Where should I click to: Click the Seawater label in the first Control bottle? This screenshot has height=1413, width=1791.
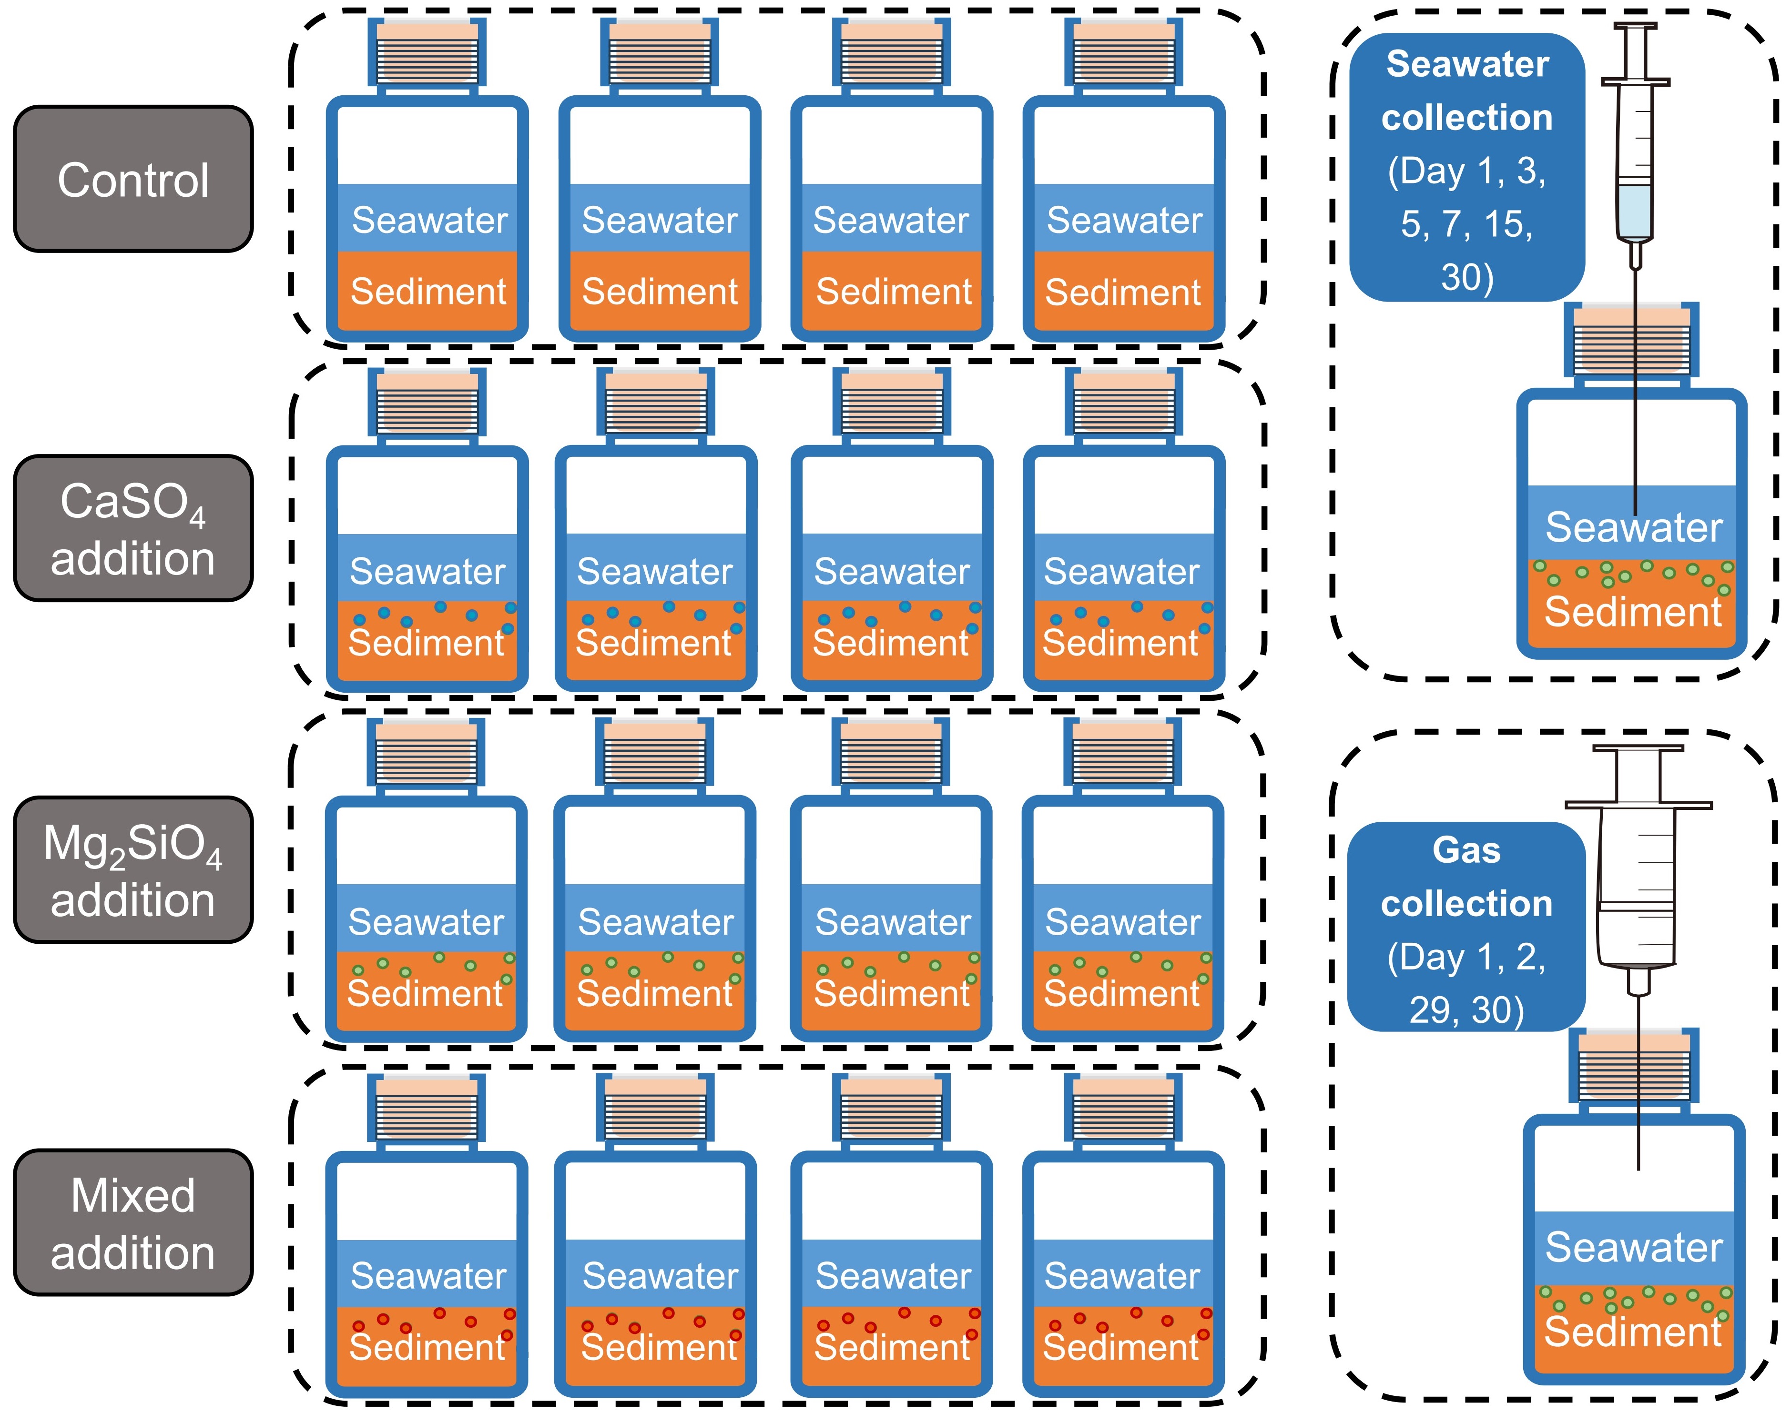coord(429,220)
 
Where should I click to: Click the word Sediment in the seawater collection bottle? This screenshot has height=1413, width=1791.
coord(1633,612)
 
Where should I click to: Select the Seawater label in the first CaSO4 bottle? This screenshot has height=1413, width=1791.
coord(427,571)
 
